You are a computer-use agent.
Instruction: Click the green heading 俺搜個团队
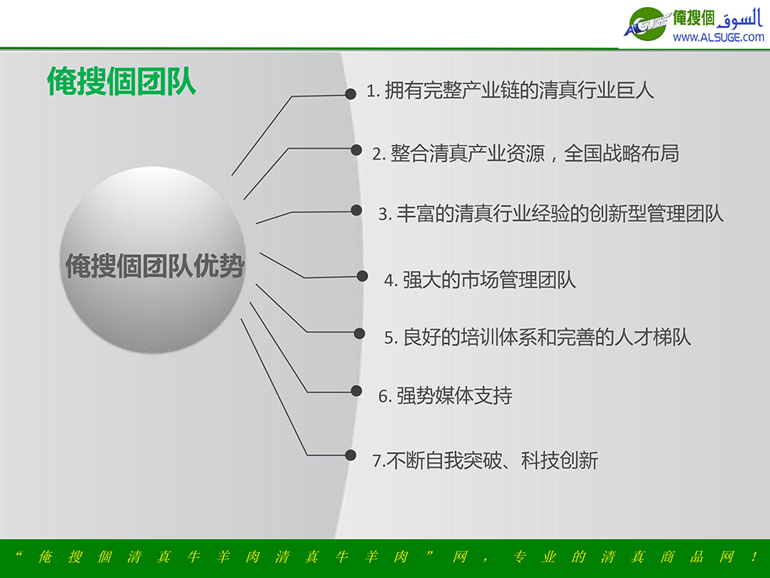coord(122,81)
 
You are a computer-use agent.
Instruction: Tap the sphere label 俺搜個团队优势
coord(155,266)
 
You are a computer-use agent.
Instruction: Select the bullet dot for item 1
coord(350,94)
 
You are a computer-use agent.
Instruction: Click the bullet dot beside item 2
coord(356,150)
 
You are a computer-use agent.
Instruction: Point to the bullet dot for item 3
coord(356,211)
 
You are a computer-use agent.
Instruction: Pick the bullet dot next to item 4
coord(362,276)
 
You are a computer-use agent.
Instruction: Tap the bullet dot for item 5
coord(359,334)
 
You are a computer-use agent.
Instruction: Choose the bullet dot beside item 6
coord(356,391)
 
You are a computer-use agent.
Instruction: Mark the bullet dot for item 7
coord(350,455)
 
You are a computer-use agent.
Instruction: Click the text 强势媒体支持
coord(454,396)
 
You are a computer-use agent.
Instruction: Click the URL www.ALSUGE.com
coord(719,37)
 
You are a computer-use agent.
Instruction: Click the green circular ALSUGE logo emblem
coord(647,24)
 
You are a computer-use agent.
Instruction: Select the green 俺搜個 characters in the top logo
coord(694,18)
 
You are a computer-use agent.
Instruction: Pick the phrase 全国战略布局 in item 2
coord(621,154)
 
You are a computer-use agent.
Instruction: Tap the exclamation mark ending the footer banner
coord(754,557)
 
